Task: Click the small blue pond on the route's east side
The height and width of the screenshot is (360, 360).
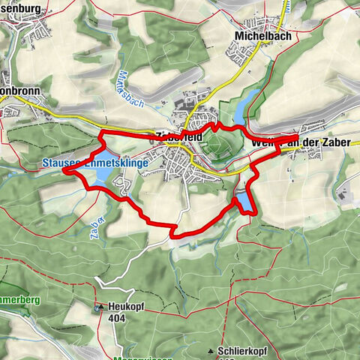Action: [245, 202]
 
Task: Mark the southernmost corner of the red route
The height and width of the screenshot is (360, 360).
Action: [174, 236]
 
